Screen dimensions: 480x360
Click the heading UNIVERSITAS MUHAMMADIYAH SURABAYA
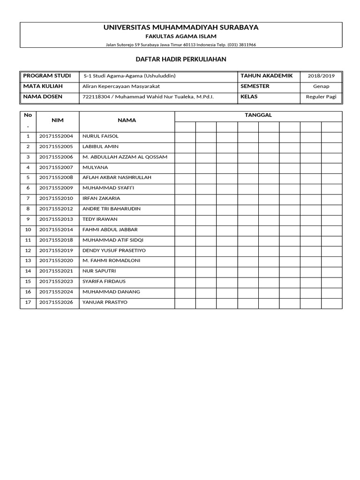tap(180, 28)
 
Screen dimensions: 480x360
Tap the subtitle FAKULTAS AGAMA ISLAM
tap(180, 37)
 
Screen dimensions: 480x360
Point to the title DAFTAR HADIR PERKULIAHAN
tap(180, 59)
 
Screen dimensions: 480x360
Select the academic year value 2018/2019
tap(321, 76)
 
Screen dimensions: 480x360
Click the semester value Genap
tap(321, 86)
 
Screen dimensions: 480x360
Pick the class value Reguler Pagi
tap(321, 97)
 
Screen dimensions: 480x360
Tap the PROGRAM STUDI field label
tap(47, 75)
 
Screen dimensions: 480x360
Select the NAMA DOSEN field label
tap(43, 97)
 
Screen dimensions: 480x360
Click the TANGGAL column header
tap(258, 115)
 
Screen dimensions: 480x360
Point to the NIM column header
tap(57, 120)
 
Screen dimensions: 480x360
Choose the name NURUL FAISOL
tap(100, 136)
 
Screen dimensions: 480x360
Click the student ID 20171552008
tap(56, 178)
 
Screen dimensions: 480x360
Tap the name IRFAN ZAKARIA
tap(101, 198)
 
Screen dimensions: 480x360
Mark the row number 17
tap(28, 302)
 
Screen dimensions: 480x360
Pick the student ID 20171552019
tap(56, 250)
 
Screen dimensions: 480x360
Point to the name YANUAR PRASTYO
tap(105, 302)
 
